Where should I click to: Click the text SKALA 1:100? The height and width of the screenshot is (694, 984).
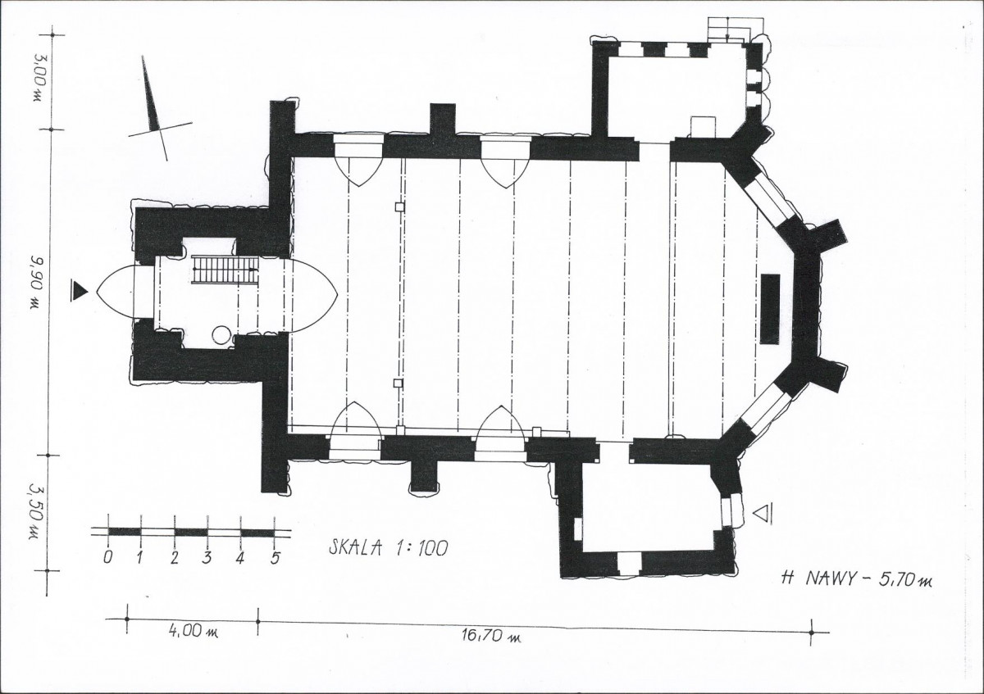point(389,548)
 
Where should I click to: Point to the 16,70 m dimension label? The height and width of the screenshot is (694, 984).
point(490,636)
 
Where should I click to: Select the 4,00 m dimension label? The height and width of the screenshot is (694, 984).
point(194,632)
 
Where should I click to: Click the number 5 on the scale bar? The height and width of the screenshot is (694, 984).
point(275,558)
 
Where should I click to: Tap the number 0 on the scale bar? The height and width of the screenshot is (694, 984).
point(107,557)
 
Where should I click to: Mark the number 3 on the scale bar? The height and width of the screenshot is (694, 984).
point(207,557)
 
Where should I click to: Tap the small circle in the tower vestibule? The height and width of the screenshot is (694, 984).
point(221,335)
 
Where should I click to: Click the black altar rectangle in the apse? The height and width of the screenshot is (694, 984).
point(770,309)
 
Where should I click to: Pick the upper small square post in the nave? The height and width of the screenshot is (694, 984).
point(399,206)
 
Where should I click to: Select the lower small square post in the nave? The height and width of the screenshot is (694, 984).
point(398,383)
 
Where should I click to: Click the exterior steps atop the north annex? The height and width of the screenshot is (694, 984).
point(736,29)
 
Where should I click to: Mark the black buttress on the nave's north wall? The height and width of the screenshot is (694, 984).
point(442,119)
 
